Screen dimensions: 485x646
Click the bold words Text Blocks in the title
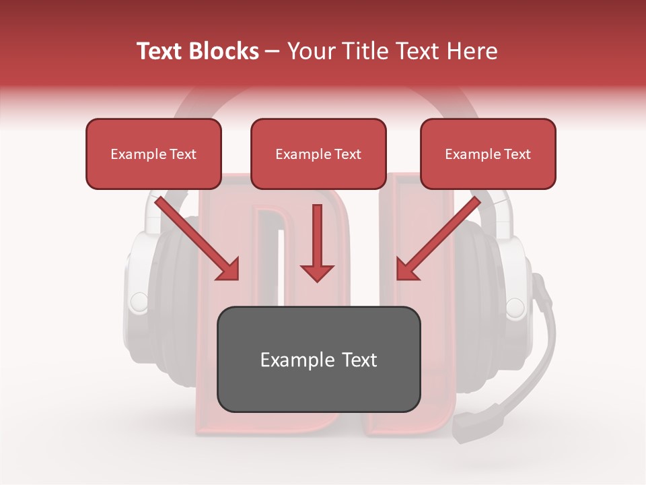197,51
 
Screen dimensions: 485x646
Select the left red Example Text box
153,154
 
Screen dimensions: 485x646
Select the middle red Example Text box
318,154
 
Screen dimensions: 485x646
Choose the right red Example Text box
488,154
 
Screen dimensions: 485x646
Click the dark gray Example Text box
318,359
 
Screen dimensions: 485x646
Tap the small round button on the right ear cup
515,307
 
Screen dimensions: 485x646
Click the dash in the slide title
273,52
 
